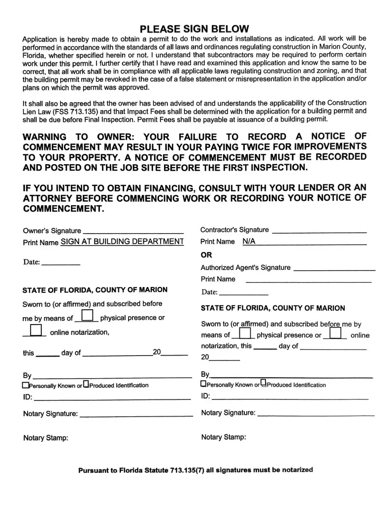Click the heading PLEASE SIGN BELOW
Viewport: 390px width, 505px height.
[x=195, y=29]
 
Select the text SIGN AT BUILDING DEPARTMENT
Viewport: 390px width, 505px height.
[x=122, y=242]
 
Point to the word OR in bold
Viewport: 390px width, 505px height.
[x=206, y=255]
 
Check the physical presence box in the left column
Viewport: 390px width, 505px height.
[x=87, y=316]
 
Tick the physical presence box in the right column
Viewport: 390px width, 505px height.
[x=244, y=333]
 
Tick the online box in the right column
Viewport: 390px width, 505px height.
[x=336, y=333]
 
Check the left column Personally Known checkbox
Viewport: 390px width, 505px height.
[x=26, y=385]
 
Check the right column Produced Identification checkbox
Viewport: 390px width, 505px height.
[x=263, y=383]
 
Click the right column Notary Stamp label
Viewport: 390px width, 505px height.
[x=224, y=437]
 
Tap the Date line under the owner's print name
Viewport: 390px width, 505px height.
[x=61, y=263]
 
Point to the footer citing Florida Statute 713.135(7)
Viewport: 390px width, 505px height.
[x=195, y=470]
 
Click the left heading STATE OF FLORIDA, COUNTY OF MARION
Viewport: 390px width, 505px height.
[x=95, y=289]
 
